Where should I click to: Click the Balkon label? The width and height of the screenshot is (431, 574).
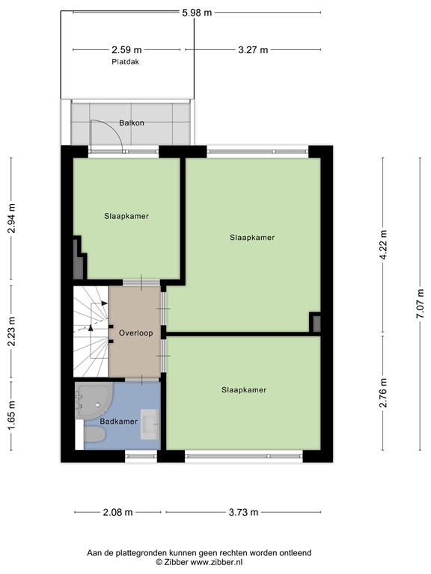(131, 123)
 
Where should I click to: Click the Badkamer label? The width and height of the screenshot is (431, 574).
(120, 422)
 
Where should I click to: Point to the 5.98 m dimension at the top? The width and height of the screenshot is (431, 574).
(196, 12)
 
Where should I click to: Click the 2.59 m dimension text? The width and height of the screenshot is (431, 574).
(126, 50)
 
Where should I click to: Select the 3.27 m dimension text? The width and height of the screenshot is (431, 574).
(254, 50)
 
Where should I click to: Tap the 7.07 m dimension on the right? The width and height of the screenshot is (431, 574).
(421, 304)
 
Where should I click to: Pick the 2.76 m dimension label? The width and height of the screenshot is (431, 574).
(383, 394)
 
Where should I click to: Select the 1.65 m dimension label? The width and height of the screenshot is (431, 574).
(11, 413)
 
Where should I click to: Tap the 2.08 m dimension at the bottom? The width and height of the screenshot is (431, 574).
(117, 512)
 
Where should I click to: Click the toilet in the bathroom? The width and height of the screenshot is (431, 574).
(93, 435)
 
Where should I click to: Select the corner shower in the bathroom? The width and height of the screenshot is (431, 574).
(91, 401)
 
